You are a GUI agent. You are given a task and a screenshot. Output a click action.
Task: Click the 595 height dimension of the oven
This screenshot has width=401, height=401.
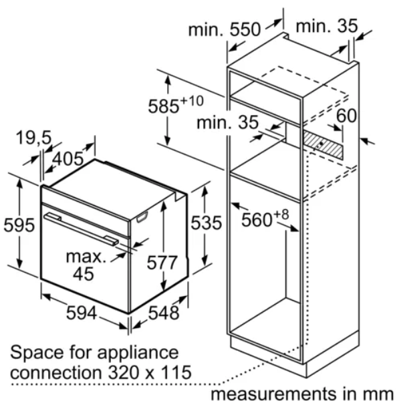(19, 225)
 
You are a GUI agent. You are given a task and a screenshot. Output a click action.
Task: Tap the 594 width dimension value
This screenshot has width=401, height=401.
(82, 313)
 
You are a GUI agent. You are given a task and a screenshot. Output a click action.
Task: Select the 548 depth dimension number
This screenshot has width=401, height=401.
(164, 313)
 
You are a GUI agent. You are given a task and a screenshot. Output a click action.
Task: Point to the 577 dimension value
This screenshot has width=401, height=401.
(162, 263)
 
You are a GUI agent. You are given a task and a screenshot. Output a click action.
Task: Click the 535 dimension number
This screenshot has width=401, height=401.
(207, 223)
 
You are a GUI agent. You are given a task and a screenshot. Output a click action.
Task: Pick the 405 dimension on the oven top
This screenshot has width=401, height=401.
(68, 159)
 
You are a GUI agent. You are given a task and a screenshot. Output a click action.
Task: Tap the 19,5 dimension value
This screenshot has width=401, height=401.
(34, 138)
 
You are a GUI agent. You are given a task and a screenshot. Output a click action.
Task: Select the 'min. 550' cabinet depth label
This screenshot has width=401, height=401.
(225, 29)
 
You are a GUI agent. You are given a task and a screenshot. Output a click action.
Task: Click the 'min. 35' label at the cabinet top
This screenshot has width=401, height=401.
(327, 26)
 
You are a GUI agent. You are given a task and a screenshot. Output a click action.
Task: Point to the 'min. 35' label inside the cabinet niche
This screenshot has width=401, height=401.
(228, 122)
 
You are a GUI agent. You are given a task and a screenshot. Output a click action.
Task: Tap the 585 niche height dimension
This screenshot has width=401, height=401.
(164, 106)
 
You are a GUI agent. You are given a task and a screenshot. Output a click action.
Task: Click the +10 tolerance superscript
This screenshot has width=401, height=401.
(192, 101)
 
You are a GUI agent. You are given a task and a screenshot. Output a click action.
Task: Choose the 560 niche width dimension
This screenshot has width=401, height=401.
(257, 220)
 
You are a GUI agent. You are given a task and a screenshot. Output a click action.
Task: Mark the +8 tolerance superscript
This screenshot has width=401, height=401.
(281, 215)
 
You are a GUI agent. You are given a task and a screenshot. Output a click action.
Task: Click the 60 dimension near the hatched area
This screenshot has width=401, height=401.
(346, 116)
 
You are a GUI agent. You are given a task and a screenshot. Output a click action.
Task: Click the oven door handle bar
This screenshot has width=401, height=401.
(81, 229)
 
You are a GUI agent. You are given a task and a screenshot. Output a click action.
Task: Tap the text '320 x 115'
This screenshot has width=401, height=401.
(150, 372)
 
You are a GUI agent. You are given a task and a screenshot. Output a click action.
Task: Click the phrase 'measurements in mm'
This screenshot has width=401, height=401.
(302, 394)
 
